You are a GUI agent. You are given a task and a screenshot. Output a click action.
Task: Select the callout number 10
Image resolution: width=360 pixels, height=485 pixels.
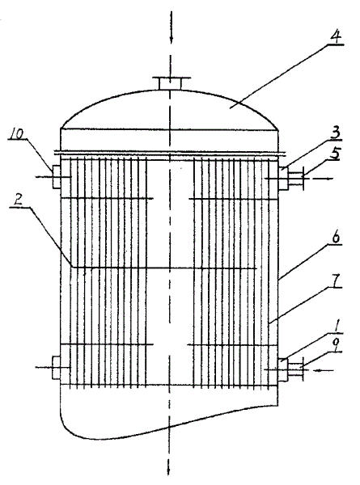[x=16, y=135]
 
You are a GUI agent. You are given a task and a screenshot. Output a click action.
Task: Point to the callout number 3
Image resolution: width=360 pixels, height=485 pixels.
[x=335, y=133]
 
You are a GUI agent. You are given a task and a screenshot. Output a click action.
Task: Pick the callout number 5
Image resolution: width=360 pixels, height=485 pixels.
[x=335, y=154]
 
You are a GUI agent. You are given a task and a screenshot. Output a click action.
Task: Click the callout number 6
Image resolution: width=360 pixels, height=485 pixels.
[x=336, y=237]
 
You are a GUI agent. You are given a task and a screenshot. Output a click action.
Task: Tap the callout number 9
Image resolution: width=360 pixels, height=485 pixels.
[x=337, y=345]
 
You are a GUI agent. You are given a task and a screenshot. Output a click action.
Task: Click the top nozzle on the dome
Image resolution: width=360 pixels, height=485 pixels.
[x=171, y=82]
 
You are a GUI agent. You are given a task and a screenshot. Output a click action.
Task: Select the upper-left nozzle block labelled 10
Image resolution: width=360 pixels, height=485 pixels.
[x=57, y=177]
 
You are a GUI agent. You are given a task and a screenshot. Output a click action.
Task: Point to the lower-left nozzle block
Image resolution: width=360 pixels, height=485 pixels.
[x=57, y=368]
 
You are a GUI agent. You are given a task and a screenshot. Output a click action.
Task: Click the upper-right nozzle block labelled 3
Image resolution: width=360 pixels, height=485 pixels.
[x=283, y=178]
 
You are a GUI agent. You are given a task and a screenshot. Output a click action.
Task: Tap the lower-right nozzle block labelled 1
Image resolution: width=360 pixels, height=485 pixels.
[x=283, y=369]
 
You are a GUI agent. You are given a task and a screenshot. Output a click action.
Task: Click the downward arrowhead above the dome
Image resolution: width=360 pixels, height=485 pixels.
[x=172, y=39]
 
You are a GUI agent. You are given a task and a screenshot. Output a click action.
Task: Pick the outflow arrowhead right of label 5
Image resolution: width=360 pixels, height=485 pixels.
[x=329, y=179]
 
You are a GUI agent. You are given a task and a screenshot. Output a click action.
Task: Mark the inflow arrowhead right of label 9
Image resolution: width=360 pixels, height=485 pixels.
[x=316, y=370]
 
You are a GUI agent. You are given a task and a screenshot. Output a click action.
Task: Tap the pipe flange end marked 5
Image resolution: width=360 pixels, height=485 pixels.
[x=303, y=178]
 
